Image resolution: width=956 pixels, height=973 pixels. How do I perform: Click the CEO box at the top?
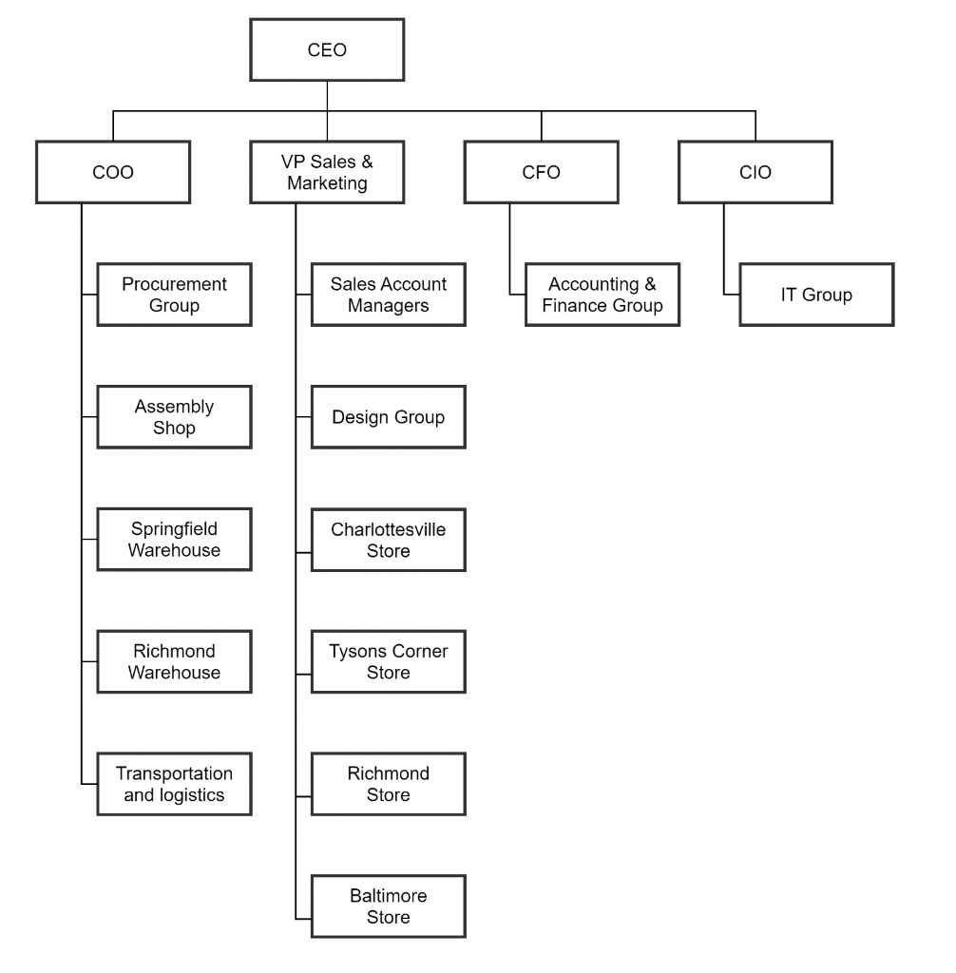(327, 50)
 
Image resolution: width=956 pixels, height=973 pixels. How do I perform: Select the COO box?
(113, 172)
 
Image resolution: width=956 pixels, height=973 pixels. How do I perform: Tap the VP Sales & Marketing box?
(327, 172)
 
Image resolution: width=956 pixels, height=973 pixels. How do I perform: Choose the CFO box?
(542, 172)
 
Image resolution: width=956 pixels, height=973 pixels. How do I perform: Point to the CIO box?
(755, 172)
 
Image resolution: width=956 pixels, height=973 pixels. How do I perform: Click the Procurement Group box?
(175, 295)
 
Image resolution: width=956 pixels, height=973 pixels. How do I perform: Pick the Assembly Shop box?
(175, 417)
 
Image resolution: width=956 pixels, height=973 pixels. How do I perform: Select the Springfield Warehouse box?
(175, 539)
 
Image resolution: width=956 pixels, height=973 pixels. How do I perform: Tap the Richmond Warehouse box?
(175, 661)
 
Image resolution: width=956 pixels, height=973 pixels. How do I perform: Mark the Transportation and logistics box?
(175, 783)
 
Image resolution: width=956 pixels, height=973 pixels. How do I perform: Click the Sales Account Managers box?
(389, 295)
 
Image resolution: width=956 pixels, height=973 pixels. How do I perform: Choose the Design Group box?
(389, 417)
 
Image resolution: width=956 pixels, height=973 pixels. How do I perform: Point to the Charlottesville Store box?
(389, 539)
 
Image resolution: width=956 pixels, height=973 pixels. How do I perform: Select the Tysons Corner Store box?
(389, 661)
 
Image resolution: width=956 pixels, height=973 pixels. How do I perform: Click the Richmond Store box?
(389, 783)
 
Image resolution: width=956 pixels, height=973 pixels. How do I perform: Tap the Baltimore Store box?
(389, 906)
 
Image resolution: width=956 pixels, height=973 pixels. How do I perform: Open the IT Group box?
(817, 295)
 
